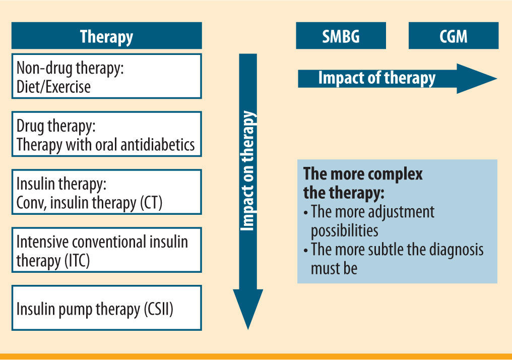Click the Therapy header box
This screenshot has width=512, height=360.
click(106, 36)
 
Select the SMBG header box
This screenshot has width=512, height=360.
click(341, 36)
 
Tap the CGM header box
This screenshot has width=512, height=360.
click(453, 36)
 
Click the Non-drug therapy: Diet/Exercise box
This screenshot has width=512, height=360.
click(106, 76)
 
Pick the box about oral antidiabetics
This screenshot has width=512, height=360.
click(106, 134)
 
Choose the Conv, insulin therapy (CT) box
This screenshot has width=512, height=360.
click(106, 192)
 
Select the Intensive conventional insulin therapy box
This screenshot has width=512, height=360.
click(106, 250)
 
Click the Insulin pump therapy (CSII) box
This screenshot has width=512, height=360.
click(106, 308)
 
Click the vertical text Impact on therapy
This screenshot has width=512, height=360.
click(248, 171)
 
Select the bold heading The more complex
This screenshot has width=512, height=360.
click(363, 174)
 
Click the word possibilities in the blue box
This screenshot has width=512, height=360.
click(344, 230)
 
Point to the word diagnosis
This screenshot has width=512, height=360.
click(446, 250)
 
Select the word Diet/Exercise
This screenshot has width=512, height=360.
click(53, 87)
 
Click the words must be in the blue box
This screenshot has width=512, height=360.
click(334, 268)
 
